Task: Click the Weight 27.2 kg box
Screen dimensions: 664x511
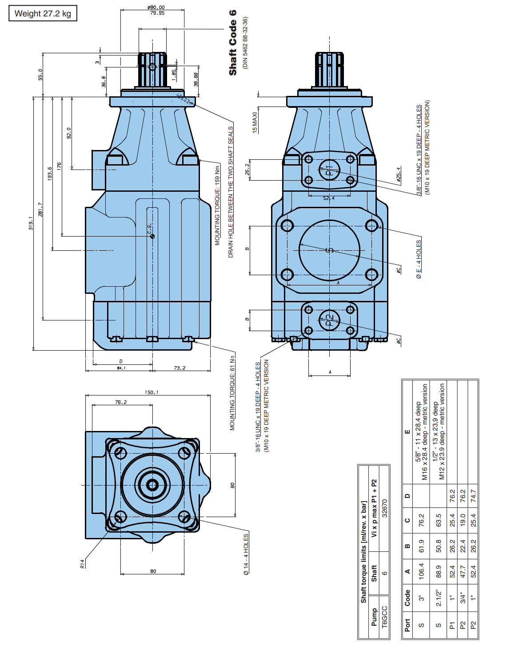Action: tap(43, 13)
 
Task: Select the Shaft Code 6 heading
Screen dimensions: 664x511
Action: tap(233, 43)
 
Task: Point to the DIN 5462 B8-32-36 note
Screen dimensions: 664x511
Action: tap(245, 43)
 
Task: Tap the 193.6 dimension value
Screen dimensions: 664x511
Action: tap(50, 173)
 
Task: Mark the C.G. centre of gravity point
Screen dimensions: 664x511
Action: tap(152, 236)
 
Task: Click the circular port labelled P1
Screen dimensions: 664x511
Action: tap(329, 170)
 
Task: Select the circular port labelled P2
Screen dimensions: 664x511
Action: tap(329, 320)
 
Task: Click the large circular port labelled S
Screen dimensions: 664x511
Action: tap(329, 250)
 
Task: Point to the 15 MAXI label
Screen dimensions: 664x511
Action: tap(255, 122)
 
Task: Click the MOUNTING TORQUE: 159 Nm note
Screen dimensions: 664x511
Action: tap(217, 205)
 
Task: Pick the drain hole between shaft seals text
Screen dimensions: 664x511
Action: tap(231, 192)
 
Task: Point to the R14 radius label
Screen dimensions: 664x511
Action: tap(82, 564)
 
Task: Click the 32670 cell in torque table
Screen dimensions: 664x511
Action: tap(385, 508)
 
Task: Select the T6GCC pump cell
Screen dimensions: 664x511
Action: tap(385, 617)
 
